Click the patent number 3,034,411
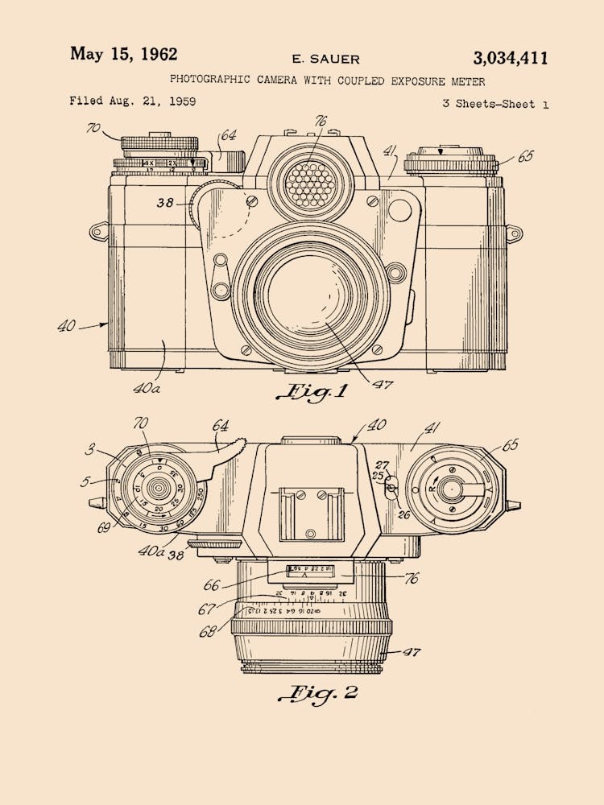click(511, 58)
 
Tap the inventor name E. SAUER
click(325, 59)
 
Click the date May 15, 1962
click(123, 54)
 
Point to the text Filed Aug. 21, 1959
click(132, 101)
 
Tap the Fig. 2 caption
click(318, 692)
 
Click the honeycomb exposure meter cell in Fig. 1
click(311, 184)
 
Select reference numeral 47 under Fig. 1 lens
click(382, 385)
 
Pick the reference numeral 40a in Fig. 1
click(147, 388)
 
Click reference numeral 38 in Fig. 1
click(165, 203)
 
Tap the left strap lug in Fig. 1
click(98, 232)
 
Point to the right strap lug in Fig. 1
click(514, 233)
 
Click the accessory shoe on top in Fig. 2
click(311, 511)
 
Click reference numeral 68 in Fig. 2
click(209, 632)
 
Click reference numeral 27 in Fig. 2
click(382, 464)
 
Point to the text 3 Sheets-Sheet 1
click(495, 104)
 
